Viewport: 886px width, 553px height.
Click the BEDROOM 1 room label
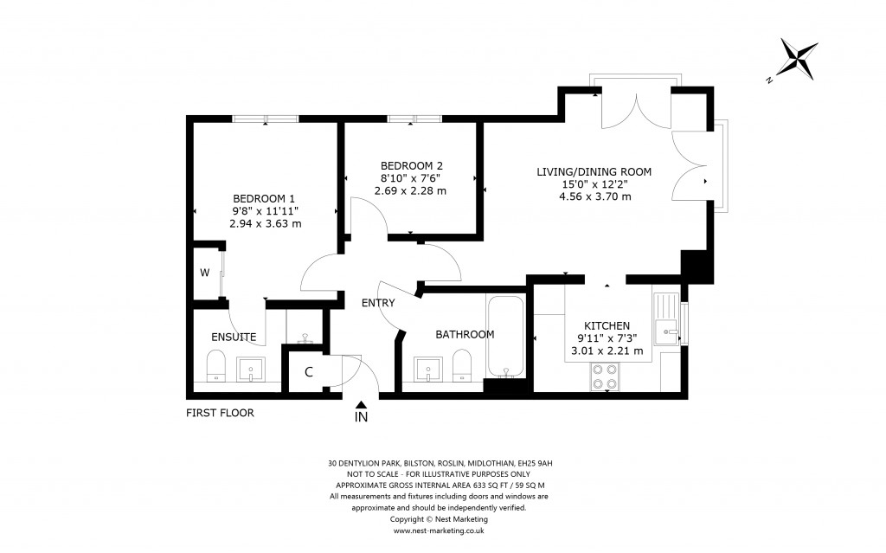(265, 198)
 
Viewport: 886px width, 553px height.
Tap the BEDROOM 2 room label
(411, 165)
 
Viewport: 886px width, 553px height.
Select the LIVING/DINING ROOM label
(594, 171)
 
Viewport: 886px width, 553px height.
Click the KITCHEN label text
(606, 325)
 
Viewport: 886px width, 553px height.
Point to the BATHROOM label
(465, 334)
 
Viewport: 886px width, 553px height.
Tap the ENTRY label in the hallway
(378, 303)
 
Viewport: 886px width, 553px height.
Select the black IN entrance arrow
(361, 403)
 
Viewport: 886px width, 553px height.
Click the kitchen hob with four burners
(603, 375)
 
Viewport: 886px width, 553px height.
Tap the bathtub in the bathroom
(504, 338)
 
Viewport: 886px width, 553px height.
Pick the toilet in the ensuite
(215, 366)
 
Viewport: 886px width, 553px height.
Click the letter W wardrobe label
(205, 273)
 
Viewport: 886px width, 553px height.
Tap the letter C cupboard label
(309, 373)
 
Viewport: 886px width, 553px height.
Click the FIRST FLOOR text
(220, 413)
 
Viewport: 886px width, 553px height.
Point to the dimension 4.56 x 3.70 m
(594, 196)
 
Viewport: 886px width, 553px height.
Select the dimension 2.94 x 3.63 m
(265, 223)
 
